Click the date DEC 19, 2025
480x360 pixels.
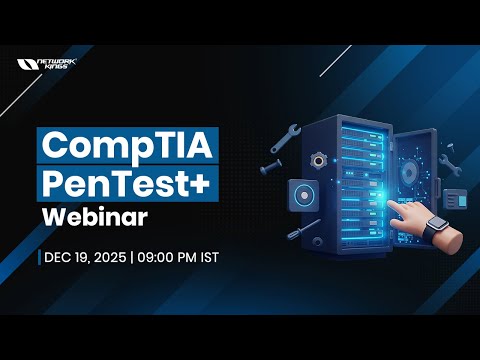(83, 257)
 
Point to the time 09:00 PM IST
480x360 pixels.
(178, 257)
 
